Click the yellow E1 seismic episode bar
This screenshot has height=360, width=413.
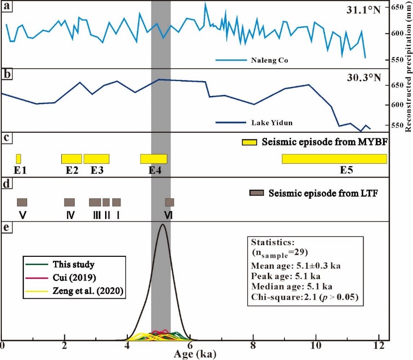18,159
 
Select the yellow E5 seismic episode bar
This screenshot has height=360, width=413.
334,159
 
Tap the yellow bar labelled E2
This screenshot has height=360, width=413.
71,159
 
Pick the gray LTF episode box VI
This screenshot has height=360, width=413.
170,202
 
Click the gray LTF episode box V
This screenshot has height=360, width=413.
22,202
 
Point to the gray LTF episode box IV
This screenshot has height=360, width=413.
70,202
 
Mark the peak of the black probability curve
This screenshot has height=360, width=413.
162,224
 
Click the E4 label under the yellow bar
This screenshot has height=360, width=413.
155,170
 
